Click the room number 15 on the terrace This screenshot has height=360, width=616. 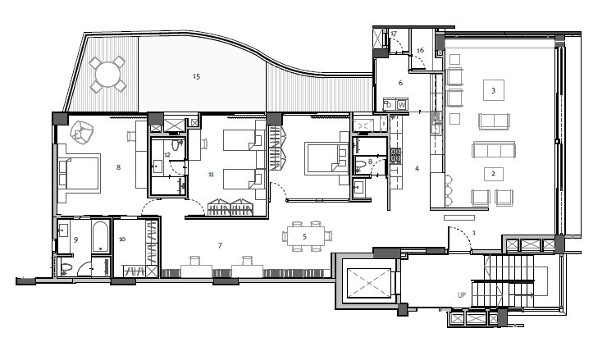pyautogui.click(x=196, y=76)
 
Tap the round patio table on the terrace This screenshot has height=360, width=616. pyautogui.click(x=108, y=75)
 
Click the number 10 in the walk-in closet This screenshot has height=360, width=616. pyautogui.click(x=122, y=239)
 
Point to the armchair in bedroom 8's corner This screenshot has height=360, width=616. pyautogui.click(x=83, y=130)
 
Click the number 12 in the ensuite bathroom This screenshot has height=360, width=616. pyautogui.click(x=167, y=154)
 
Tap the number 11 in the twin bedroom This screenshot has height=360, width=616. pyautogui.click(x=211, y=174)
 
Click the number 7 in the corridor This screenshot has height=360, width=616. pyautogui.click(x=219, y=245)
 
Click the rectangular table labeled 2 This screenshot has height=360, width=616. pyautogui.click(x=492, y=174)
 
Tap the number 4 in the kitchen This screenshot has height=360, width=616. pyautogui.click(x=417, y=169)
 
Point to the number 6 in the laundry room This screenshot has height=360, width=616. pyautogui.click(x=401, y=83)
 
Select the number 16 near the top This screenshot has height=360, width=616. pyautogui.click(x=420, y=50)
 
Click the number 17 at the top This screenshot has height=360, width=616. pyautogui.click(x=394, y=34)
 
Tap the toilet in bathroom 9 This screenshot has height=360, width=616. pyautogui.click(x=66, y=267)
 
